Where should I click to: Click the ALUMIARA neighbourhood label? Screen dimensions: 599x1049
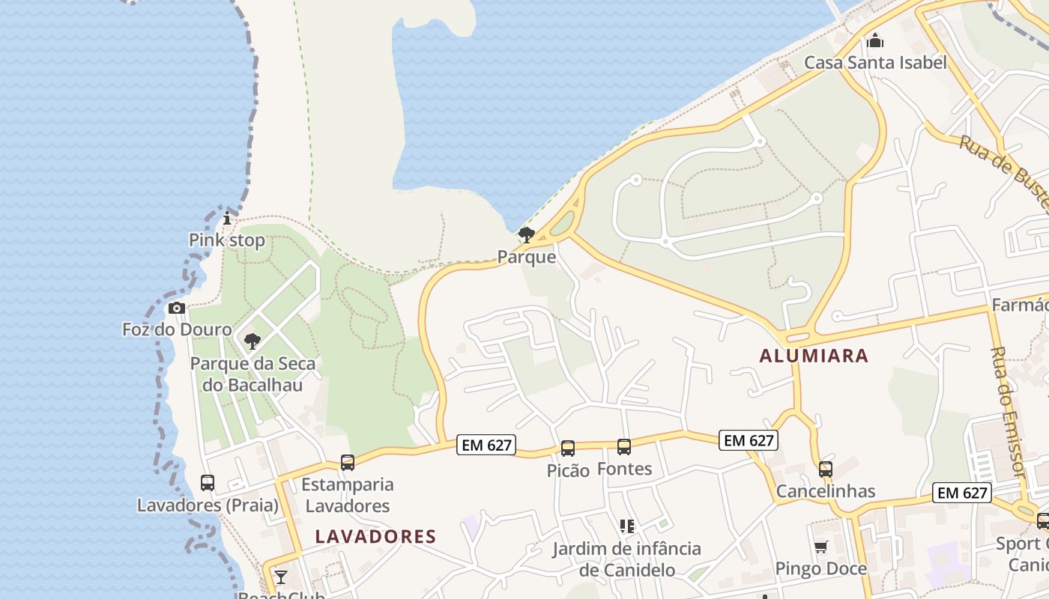point(814,356)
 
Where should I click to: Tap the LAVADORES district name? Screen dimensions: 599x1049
point(375,536)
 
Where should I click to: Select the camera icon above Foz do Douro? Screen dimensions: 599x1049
point(177,308)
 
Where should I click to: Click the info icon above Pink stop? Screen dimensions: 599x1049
point(227,219)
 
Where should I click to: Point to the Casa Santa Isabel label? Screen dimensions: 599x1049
point(875,62)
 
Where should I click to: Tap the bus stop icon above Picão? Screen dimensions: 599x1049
point(568,449)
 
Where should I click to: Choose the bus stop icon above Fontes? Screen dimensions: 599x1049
point(624,447)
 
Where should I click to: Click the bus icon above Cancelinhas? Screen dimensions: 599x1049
point(826,469)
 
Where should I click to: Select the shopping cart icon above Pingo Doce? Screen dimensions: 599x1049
point(820,547)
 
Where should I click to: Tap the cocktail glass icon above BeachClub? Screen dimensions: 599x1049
point(280,577)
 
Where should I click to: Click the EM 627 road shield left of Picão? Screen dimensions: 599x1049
point(487,446)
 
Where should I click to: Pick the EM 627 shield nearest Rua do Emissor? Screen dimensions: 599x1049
point(962,493)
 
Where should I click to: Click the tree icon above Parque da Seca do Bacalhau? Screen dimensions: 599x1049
point(253,341)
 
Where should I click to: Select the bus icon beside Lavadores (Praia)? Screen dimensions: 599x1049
point(208,483)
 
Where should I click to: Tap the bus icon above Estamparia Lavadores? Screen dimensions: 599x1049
point(347,463)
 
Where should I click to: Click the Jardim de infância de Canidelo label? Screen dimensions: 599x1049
point(626,559)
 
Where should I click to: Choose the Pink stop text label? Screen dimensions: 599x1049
point(226,240)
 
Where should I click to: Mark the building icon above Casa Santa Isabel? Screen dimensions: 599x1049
point(874,40)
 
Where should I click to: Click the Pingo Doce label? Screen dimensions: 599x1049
point(820,569)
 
